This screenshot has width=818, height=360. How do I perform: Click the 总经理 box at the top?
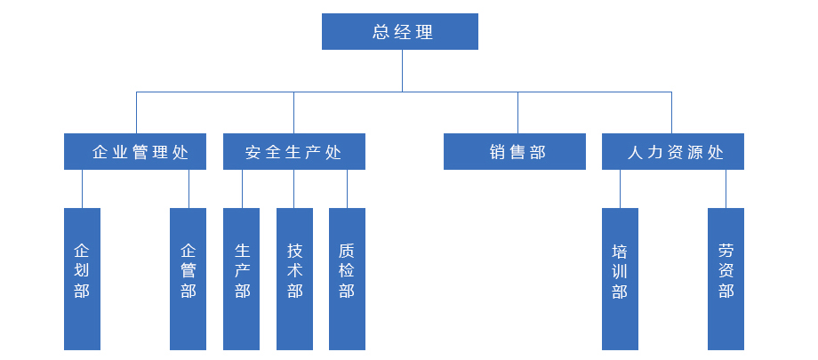point(400,32)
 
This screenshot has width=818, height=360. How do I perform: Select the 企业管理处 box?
point(136,152)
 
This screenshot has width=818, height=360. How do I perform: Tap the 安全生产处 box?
point(293,152)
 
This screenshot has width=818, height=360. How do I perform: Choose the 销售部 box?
point(515,152)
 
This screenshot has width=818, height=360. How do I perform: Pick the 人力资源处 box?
point(673,152)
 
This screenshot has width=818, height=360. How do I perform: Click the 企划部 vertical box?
point(82,279)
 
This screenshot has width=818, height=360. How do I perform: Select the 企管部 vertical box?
point(188,279)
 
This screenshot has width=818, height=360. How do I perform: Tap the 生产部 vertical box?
point(241,279)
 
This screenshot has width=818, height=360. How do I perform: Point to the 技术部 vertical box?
point(294,279)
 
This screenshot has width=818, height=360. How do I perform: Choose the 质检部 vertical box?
point(347,279)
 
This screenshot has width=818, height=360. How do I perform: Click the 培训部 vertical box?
point(620,279)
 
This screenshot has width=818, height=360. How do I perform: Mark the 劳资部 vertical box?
point(726,279)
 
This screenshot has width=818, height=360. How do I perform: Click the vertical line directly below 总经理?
point(402,70)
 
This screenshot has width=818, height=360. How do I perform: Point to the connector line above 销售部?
point(518,112)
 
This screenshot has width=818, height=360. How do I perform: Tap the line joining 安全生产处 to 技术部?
point(294,188)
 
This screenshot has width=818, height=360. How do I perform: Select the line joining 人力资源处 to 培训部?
point(620,188)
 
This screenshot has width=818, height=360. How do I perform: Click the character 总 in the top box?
point(381,33)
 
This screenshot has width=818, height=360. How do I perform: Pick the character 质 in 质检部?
point(347,252)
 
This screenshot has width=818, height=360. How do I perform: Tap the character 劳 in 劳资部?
point(726,252)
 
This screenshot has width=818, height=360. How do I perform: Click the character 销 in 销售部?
point(497,152)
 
